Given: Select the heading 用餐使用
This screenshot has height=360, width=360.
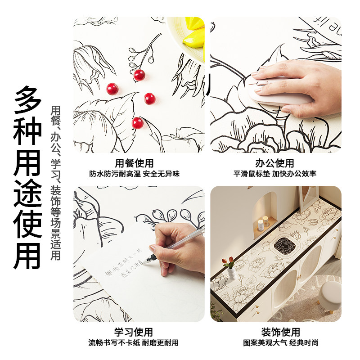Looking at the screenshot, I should [x=135, y=163].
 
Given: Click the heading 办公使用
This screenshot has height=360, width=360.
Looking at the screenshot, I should [x=275, y=163].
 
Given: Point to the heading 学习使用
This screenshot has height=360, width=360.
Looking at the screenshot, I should [x=134, y=332].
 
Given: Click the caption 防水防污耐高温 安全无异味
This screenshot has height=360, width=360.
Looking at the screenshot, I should [x=134, y=174].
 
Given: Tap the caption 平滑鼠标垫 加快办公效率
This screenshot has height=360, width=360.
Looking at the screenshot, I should [x=275, y=174].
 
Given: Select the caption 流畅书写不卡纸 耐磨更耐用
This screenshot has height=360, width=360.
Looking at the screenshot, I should [x=134, y=343].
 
